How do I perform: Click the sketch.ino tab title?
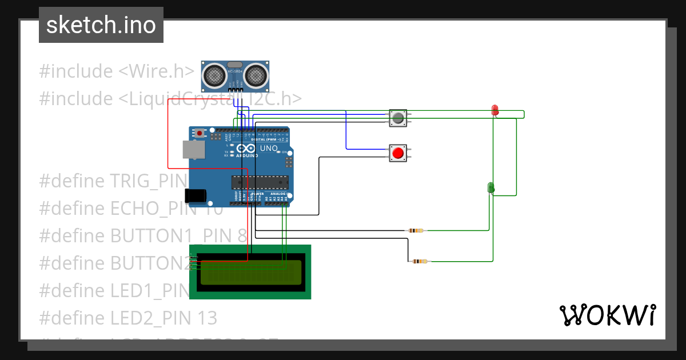pos(101,25)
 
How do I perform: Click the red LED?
pos(495,110)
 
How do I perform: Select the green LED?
pos(490,187)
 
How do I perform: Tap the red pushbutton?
pos(398,153)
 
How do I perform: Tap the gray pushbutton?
pos(398,118)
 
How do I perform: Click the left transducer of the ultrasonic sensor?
pos(214,74)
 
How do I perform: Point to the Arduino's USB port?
pos(193,150)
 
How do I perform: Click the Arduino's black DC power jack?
pos(196,195)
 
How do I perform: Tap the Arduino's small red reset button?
pos(200,133)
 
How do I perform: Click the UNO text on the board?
pos(269,149)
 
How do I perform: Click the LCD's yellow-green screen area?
pos(250,272)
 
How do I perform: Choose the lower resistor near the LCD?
pos(420,261)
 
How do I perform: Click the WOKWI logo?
pos(607,315)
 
